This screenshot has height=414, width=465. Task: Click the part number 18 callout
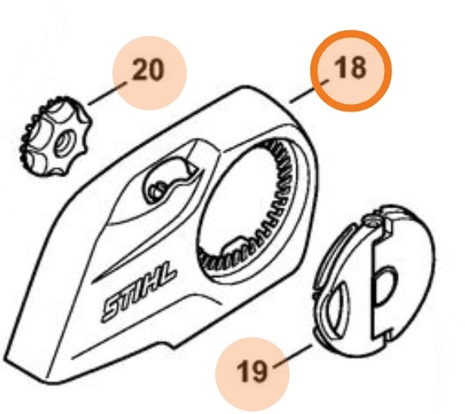pos(350,68)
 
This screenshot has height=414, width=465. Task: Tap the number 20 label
pos(148,70)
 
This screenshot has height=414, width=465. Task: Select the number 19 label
pos(252,371)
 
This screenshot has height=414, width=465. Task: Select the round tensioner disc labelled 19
pos(375,279)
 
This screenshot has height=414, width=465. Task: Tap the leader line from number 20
pos(108,93)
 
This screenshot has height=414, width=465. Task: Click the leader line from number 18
pos(309,91)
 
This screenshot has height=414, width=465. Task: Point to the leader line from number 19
pos(294,357)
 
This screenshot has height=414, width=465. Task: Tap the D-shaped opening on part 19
pos(385,287)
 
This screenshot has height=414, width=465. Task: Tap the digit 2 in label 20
pos(140,70)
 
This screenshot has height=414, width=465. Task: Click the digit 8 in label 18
pos(358,68)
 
